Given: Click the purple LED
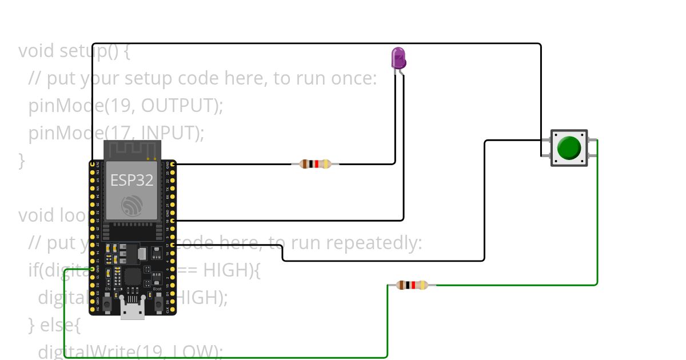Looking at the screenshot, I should click(x=398, y=58).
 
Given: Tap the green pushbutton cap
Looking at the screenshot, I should click(x=569, y=148).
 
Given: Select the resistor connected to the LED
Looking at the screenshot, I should click(x=315, y=164).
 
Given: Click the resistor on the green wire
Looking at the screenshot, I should click(x=412, y=285).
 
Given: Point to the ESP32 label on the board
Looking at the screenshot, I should click(x=131, y=181).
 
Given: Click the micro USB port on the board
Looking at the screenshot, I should click(x=132, y=309).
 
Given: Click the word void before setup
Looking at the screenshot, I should click(x=36, y=51).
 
